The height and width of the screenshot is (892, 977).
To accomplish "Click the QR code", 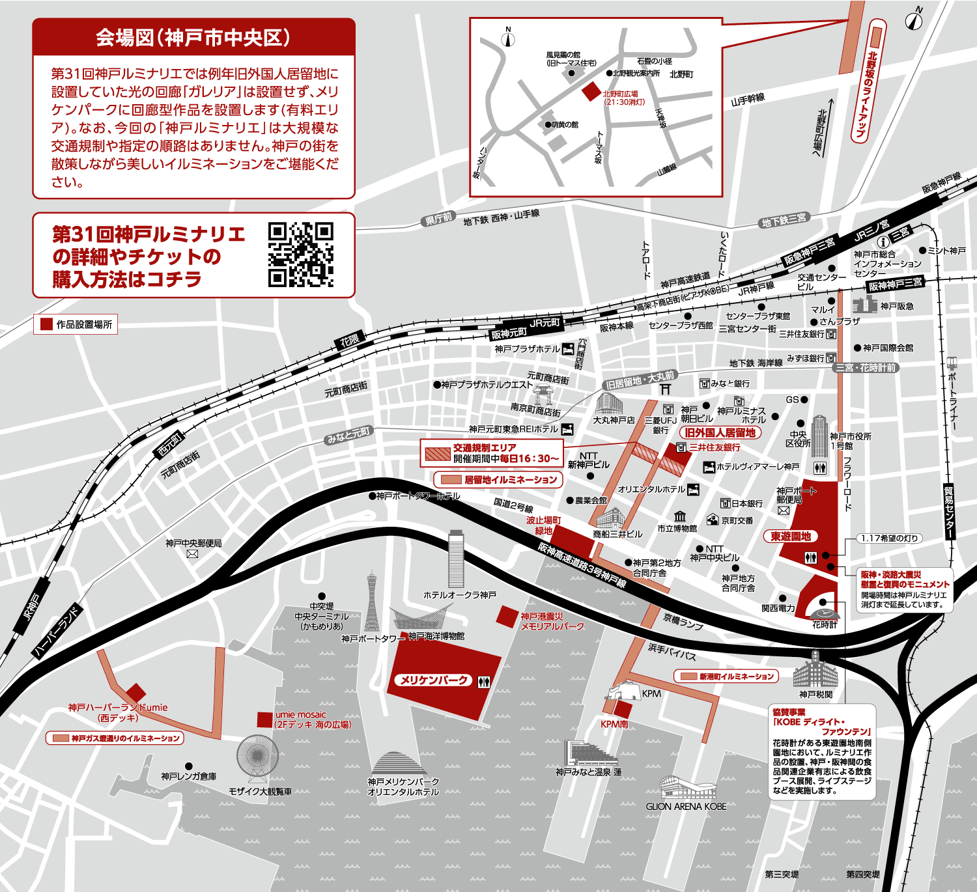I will [x=300, y=255].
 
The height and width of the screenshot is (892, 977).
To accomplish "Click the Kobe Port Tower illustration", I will [x=372, y=602].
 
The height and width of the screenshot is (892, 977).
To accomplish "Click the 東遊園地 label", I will [x=790, y=537].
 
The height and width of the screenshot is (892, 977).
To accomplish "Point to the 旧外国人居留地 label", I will [x=720, y=432].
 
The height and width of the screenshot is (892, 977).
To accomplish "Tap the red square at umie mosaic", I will [x=264, y=719].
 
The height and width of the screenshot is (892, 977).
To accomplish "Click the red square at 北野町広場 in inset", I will [x=591, y=91].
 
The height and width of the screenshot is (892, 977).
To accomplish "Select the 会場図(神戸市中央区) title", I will [x=193, y=38].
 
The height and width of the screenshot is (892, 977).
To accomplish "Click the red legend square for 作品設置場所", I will [x=46, y=324].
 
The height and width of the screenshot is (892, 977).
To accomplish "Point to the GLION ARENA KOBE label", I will [x=686, y=806].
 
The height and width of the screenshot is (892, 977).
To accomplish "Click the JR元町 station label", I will [x=544, y=323].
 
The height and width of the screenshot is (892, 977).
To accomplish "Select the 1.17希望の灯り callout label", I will [x=889, y=538].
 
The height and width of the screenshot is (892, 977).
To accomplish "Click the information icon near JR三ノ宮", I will [x=883, y=242].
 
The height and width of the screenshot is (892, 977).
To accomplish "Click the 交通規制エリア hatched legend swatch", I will [x=437, y=453].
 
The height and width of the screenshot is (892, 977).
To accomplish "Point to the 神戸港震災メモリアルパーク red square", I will [x=507, y=616].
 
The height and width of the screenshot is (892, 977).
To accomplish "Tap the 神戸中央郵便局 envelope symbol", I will [x=192, y=554].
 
